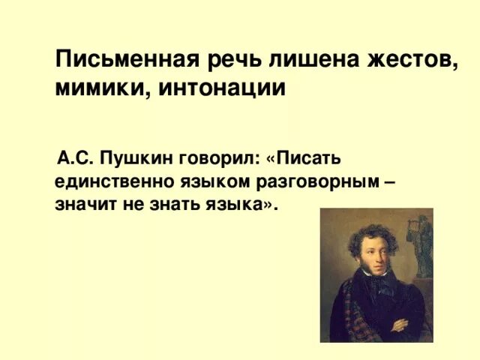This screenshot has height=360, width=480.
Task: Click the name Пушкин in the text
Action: pyautogui.click(x=136, y=158)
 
